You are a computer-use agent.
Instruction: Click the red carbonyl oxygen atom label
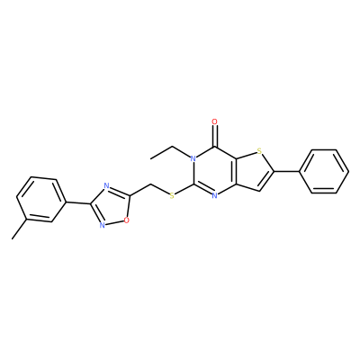[x=214, y=121]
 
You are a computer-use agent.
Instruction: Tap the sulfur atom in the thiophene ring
[x=259, y=152]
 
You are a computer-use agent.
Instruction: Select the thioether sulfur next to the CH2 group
[x=172, y=196]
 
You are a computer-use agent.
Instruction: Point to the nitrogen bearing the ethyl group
[x=193, y=158]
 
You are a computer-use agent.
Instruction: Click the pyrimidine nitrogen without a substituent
[x=214, y=196]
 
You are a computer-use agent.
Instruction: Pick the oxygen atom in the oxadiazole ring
[x=127, y=220]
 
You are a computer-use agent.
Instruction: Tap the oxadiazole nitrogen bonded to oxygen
[x=103, y=225]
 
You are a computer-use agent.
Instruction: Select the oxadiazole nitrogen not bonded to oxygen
[x=106, y=185]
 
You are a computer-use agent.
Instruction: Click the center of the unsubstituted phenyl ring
[x=325, y=171]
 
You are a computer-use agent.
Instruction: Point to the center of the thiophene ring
[x=252, y=171]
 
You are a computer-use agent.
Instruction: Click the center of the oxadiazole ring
[x=112, y=206]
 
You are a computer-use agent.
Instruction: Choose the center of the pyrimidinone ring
[x=214, y=171]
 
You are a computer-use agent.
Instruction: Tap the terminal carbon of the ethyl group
[x=151, y=158]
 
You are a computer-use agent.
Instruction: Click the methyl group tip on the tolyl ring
[x=13, y=238]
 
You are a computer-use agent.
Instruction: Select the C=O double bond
[x=214, y=136]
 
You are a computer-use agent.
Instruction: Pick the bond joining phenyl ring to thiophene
[x=287, y=171]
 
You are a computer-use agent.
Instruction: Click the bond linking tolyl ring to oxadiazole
[x=78, y=203]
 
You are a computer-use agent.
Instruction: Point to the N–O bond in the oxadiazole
[x=114, y=223]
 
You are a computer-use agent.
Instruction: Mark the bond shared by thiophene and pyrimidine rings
[x=236, y=171]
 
